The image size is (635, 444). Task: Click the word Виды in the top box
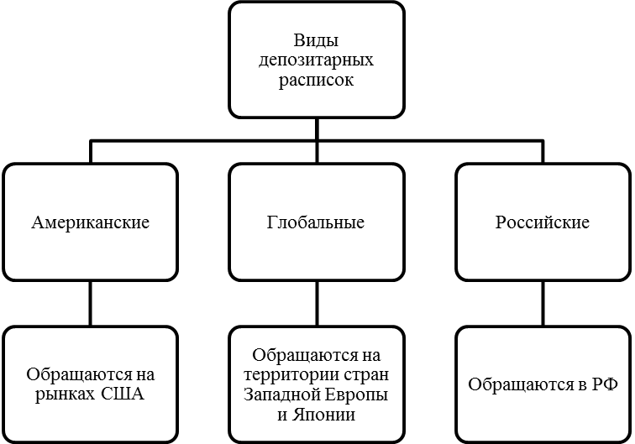point(317,41)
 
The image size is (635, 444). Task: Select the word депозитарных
point(317,61)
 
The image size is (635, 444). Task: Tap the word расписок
point(317,81)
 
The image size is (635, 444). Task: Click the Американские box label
point(91,222)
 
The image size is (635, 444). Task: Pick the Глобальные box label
point(316,222)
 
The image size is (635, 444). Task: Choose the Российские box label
point(543,222)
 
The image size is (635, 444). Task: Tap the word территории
point(287,374)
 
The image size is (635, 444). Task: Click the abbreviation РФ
point(603,384)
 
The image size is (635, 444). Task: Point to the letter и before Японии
point(283,415)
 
